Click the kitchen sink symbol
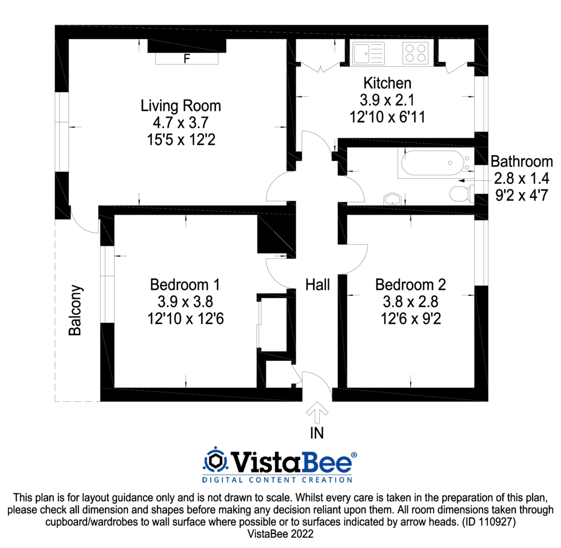368,54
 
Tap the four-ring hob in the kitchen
415,53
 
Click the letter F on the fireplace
187,58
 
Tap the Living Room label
181,105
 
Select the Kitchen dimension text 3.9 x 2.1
387,100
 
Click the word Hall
318,285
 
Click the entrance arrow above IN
318,413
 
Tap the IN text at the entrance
318,433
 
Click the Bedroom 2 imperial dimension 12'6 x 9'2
410,319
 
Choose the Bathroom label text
522,162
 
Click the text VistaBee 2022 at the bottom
280,535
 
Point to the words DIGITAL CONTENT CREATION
277,480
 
